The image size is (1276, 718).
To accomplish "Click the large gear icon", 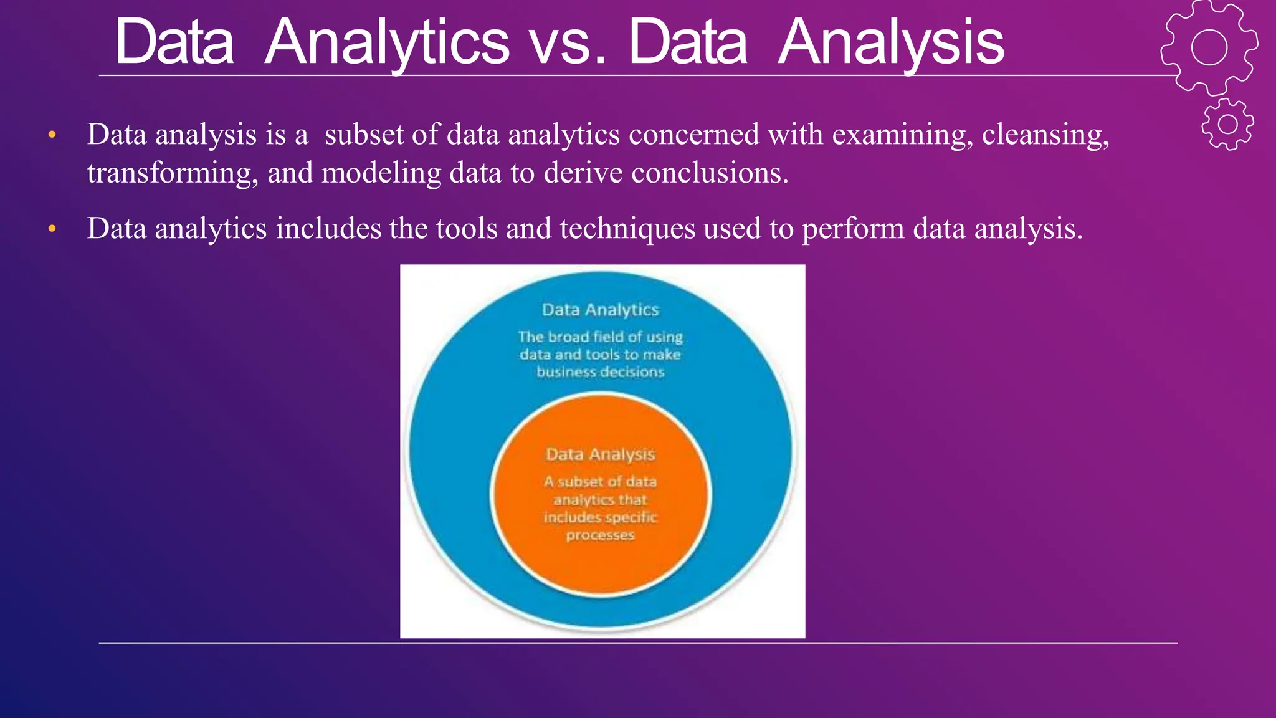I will (x=1209, y=47).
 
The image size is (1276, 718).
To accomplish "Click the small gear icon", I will (x=1227, y=124).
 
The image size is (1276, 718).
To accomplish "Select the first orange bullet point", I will (x=52, y=135).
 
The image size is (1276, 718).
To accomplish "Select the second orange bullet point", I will (x=52, y=229).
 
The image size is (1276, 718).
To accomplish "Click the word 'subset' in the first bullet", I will (x=364, y=135).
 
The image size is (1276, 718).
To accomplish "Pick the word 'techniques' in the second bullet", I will (x=627, y=229).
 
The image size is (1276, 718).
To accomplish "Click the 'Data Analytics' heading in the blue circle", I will (x=600, y=310).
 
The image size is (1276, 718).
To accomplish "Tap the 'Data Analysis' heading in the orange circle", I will (x=600, y=454).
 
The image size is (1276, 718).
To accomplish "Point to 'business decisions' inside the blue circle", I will (x=600, y=372).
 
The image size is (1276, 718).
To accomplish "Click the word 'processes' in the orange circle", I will (x=600, y=535).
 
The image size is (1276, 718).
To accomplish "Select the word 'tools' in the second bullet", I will (x=467, y=229).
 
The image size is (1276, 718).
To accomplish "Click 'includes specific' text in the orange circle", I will (x=600, y=517).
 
